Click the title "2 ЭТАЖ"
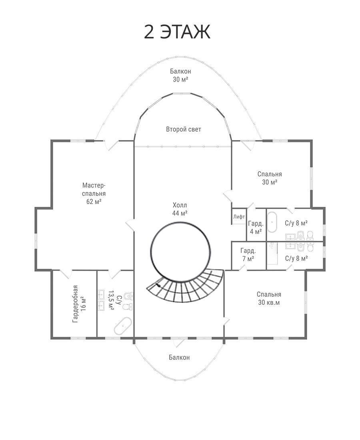[177, 32]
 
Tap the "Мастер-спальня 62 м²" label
[94, 193]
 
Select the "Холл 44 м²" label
[180, 209]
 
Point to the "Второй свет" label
[184, 129]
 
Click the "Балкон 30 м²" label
[180, 75]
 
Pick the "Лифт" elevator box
[239, 216]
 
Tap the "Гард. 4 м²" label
[256, 228]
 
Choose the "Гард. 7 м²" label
[248, 254]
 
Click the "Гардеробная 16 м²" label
[79, 304]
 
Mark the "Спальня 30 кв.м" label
[269, 298]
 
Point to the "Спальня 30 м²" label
[270, 178]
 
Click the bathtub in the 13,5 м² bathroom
[123, 326]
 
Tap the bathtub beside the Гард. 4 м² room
[272, 222]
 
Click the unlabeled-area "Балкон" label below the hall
[179, 357]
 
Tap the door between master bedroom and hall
[130, 225]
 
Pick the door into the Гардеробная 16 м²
[66, 274]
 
